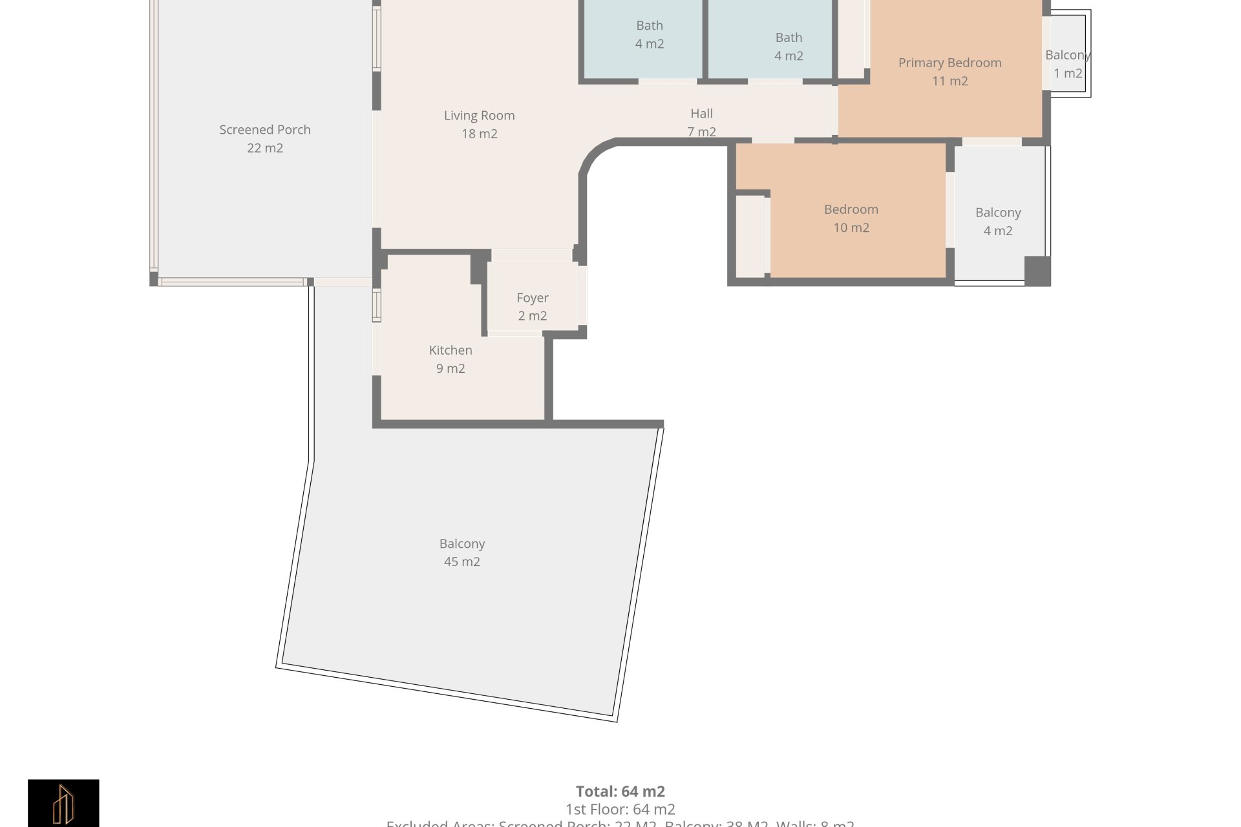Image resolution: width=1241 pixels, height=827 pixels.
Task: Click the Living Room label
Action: pos(479,116)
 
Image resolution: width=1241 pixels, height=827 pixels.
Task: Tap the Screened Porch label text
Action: pos(264,130)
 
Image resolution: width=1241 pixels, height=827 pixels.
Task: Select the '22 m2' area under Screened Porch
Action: pos(264,148)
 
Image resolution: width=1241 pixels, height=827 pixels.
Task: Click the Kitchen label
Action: pos(451,350)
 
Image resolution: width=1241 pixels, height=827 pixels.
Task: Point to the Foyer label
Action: pos(532,298)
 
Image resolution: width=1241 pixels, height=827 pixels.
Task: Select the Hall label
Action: pos(701,114)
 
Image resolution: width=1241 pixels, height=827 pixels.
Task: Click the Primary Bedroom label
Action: pos(949,63)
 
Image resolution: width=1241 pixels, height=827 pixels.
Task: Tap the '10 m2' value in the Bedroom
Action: pos(851,227)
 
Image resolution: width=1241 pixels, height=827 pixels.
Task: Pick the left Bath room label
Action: pos(649,26)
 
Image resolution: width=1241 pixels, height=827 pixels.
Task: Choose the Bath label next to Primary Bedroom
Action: pos(789,37)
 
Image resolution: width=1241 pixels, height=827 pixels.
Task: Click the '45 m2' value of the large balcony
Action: pos(461,562)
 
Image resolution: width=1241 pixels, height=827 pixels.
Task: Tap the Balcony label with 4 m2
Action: pos(997,213)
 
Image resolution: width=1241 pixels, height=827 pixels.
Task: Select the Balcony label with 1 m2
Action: pos(1067,56)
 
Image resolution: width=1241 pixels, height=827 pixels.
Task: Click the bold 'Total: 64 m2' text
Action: pos(620,791)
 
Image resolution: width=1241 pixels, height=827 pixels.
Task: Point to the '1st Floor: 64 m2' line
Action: pos(620,809)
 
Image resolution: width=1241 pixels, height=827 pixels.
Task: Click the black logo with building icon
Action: pos(63,803)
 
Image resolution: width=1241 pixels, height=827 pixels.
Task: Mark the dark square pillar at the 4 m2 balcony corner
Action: pos(1037,270)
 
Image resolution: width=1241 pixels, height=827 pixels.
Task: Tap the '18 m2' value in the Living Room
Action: pos(479,134)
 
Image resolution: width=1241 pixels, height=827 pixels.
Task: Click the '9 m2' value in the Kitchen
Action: pos(451,368)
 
